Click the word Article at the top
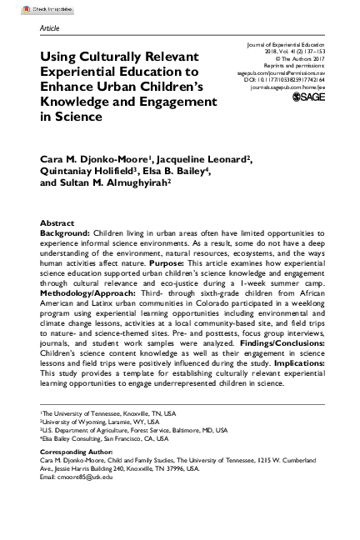(51, 27)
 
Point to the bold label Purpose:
(220, 264)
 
